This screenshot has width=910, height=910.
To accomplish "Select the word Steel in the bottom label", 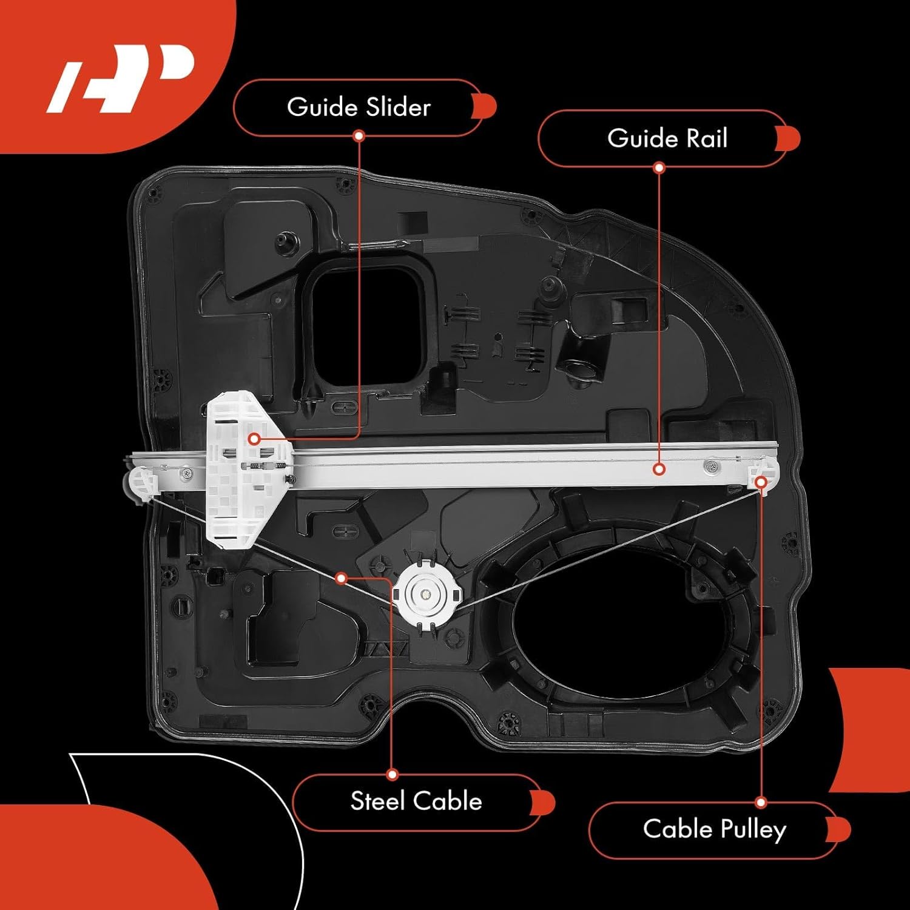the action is (x=377, y=801).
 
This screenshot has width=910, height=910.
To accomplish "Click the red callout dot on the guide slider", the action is (x=254, y=438).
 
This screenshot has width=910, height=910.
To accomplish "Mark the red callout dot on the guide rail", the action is (x=659, y=469).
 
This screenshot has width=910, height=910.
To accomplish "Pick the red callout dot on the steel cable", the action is (x=341, y=578).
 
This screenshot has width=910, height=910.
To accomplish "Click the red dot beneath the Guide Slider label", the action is (x=359, y=136).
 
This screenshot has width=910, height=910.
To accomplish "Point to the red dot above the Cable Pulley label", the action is (x=761, y=803).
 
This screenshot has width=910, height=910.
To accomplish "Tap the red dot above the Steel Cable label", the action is (x=393, y=775).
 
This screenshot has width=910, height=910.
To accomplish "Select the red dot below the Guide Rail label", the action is (x=659, y=167).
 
